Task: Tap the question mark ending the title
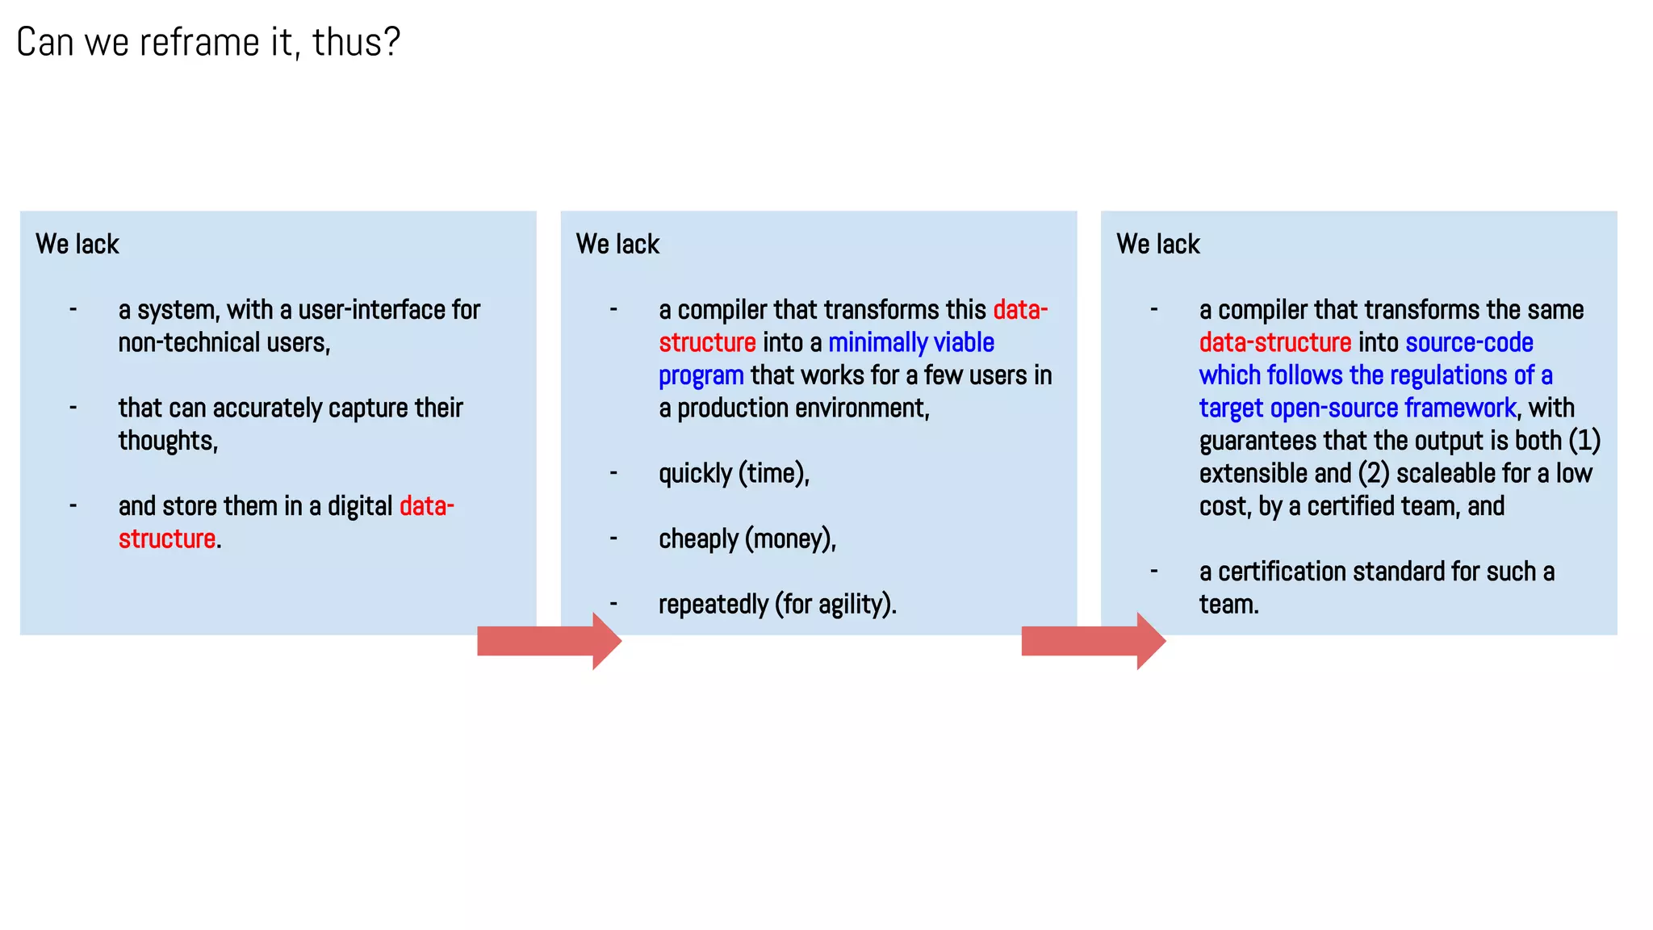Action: [392, 43]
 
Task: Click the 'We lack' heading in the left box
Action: [77, 244]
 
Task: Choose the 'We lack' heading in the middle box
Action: [617, 244]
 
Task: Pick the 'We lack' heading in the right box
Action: [1157, 244]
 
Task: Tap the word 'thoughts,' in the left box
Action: [168, 441]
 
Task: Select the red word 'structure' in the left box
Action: [167, 538]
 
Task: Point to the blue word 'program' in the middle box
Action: [701, 376]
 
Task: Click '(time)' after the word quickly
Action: [772, 474]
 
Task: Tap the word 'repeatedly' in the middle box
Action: [713, 605]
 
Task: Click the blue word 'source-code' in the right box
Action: [1469, 343]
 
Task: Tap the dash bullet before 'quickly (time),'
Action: [613, 472]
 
